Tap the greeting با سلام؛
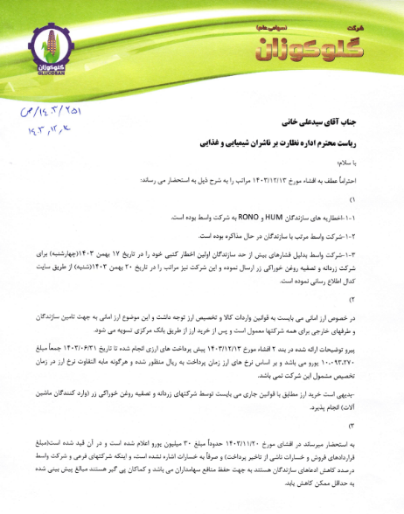[x=368, y=162]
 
